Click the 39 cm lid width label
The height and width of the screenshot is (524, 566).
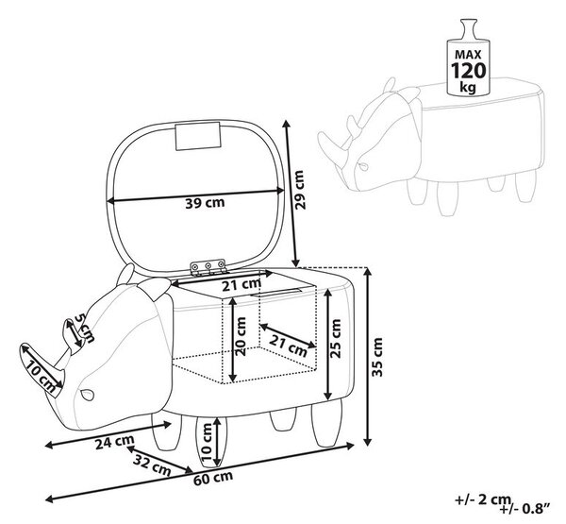click(205, 203)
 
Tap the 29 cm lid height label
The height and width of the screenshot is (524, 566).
click(300, 190)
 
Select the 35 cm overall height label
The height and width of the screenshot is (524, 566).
click(377, 357)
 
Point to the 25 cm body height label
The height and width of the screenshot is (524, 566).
click(335, 339)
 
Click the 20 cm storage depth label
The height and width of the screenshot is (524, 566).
click(241, 336)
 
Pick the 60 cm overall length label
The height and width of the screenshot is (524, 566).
click(213, 479)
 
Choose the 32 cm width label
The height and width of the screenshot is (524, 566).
click(152, 465)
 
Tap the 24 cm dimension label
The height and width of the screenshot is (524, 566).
click(115, 442)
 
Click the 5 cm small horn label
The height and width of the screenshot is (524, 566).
click(85, 329)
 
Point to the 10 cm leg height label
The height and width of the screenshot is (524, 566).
click(208, 442)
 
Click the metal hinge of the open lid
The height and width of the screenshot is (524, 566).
click(208, 267)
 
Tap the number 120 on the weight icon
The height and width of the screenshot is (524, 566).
click(468, 70)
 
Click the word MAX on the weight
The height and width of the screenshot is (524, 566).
click(468, 55)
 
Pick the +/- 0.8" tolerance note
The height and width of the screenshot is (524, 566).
click(525, 509)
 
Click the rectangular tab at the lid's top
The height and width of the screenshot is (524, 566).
click(198, 136)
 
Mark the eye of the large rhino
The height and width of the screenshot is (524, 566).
click(87, 395)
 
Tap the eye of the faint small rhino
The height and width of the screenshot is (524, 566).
click(363, 166)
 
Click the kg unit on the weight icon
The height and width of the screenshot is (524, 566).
click(468, 87)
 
